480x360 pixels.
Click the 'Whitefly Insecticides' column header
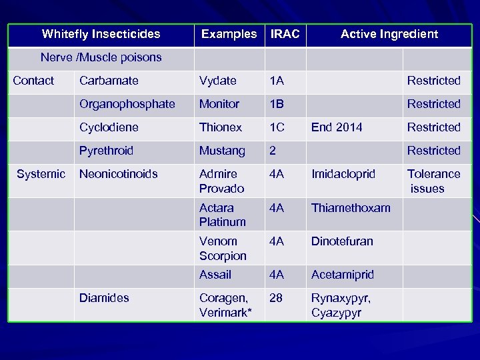pyautogui.click(x=101, y=34)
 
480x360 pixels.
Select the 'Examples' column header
pyautogui.click(x=229, y=34)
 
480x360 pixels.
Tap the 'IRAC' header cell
pyautogui.click(x=285, y=34)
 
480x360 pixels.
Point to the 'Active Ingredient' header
pyautogui.click(x=389, y=34)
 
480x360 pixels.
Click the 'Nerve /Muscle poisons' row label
pyautogui.click(x=101, y=57)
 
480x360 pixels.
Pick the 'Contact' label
pyautogui.click(x=33, y=81)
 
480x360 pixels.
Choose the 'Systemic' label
pyautogui.click(x=41, y=174)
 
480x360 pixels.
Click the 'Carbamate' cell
pyautogui.click(x=109, y=81)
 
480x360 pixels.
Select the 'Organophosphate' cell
pyautogui.click(x=127, y=104)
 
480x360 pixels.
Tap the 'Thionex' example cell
pyautogui.click(x=219, y=127)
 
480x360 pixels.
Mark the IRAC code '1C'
pyautogui.click(x=277, y=127)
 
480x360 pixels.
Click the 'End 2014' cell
pyautogui.click(x=337, y=127)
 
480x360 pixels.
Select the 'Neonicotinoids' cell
pyautogui.click(x=119, y=174)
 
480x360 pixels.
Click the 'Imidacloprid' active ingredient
pyautogui.click(x=343, y=174)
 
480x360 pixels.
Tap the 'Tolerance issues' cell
pyautogui.click(x=433, y=181)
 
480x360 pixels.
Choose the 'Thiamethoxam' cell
pyautogui.click(x=351, y=208)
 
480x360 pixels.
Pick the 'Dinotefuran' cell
pyautogui.click(x=342, y=241)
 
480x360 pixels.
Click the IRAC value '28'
pyautogui.click(x=275, y=298)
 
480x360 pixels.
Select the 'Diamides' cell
pyautogui.click(x=104, y=298)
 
